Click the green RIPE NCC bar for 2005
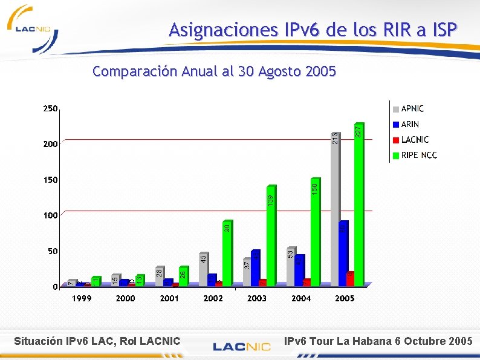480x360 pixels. click(359, 206)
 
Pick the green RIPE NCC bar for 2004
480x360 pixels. click(315, 232)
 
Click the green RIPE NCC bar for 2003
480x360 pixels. click(271, 236)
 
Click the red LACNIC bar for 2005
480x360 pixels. click(351, 278)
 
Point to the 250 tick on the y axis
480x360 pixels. click(50, 109)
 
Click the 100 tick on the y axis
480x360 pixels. click(50, 215)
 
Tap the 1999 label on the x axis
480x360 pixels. click(82, 298)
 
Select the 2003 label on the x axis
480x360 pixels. click(257, 298)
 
